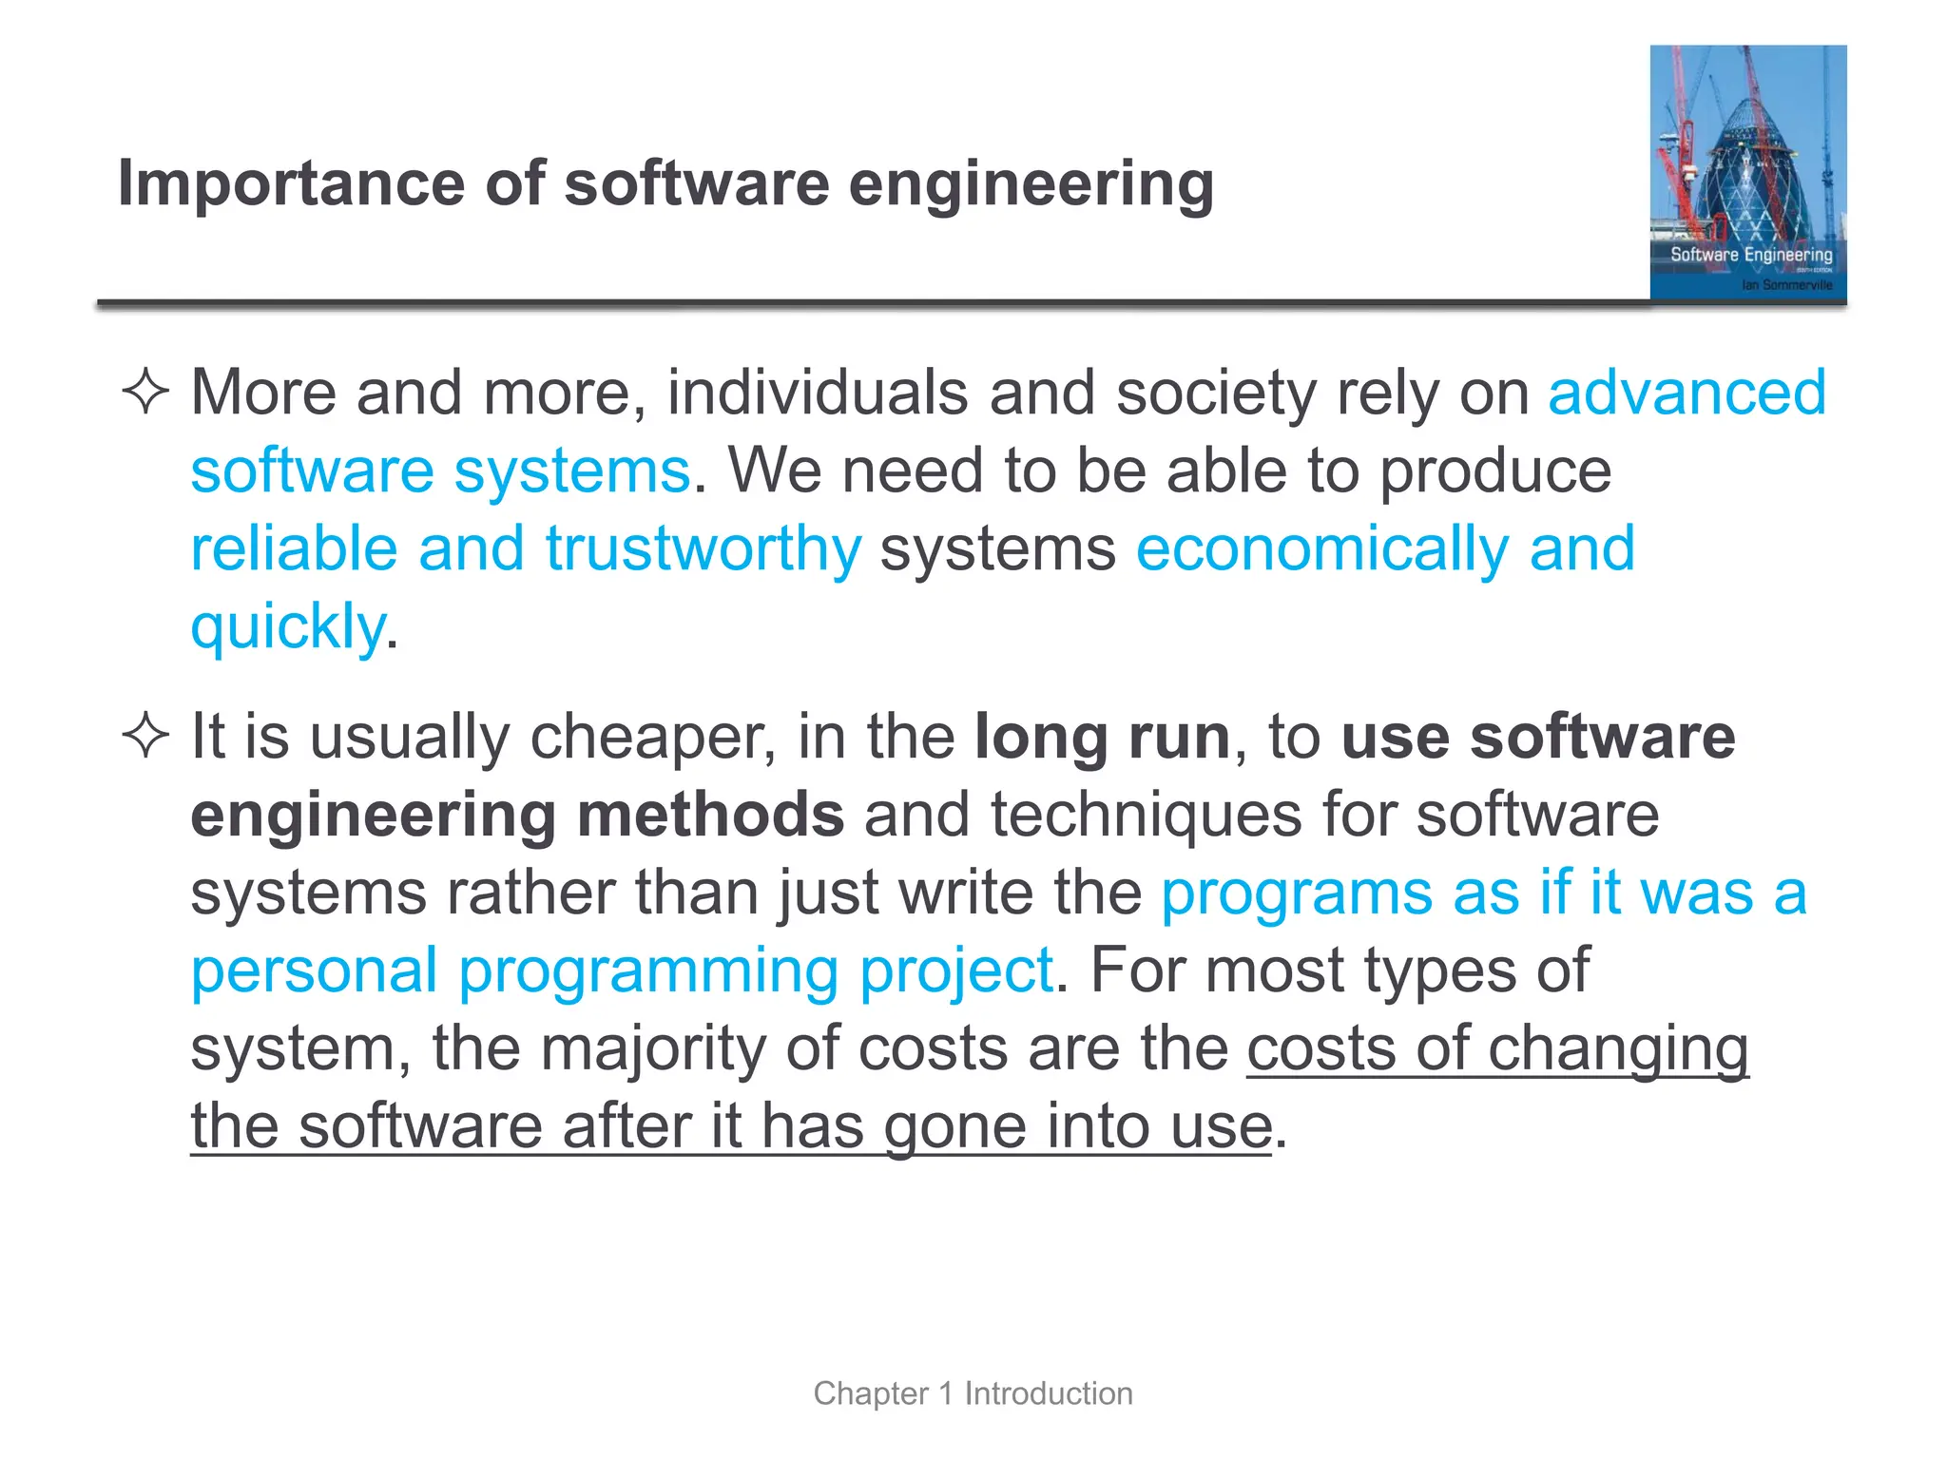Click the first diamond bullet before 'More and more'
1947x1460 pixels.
(145, 392)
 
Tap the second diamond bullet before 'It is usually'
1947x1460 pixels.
(145, 737)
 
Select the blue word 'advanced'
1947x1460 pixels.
(1687, 393)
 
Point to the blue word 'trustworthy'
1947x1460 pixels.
(703, 549)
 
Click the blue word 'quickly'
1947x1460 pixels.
(287, 628)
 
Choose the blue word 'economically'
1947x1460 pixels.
(1320, 549)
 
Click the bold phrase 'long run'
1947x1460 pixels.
(1102, 738)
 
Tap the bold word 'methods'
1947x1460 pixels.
(710, 816)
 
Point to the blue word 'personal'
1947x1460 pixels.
(314, 971)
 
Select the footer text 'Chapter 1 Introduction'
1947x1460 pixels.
(973, 1393)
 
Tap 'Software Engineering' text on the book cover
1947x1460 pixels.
(1750, 255)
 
